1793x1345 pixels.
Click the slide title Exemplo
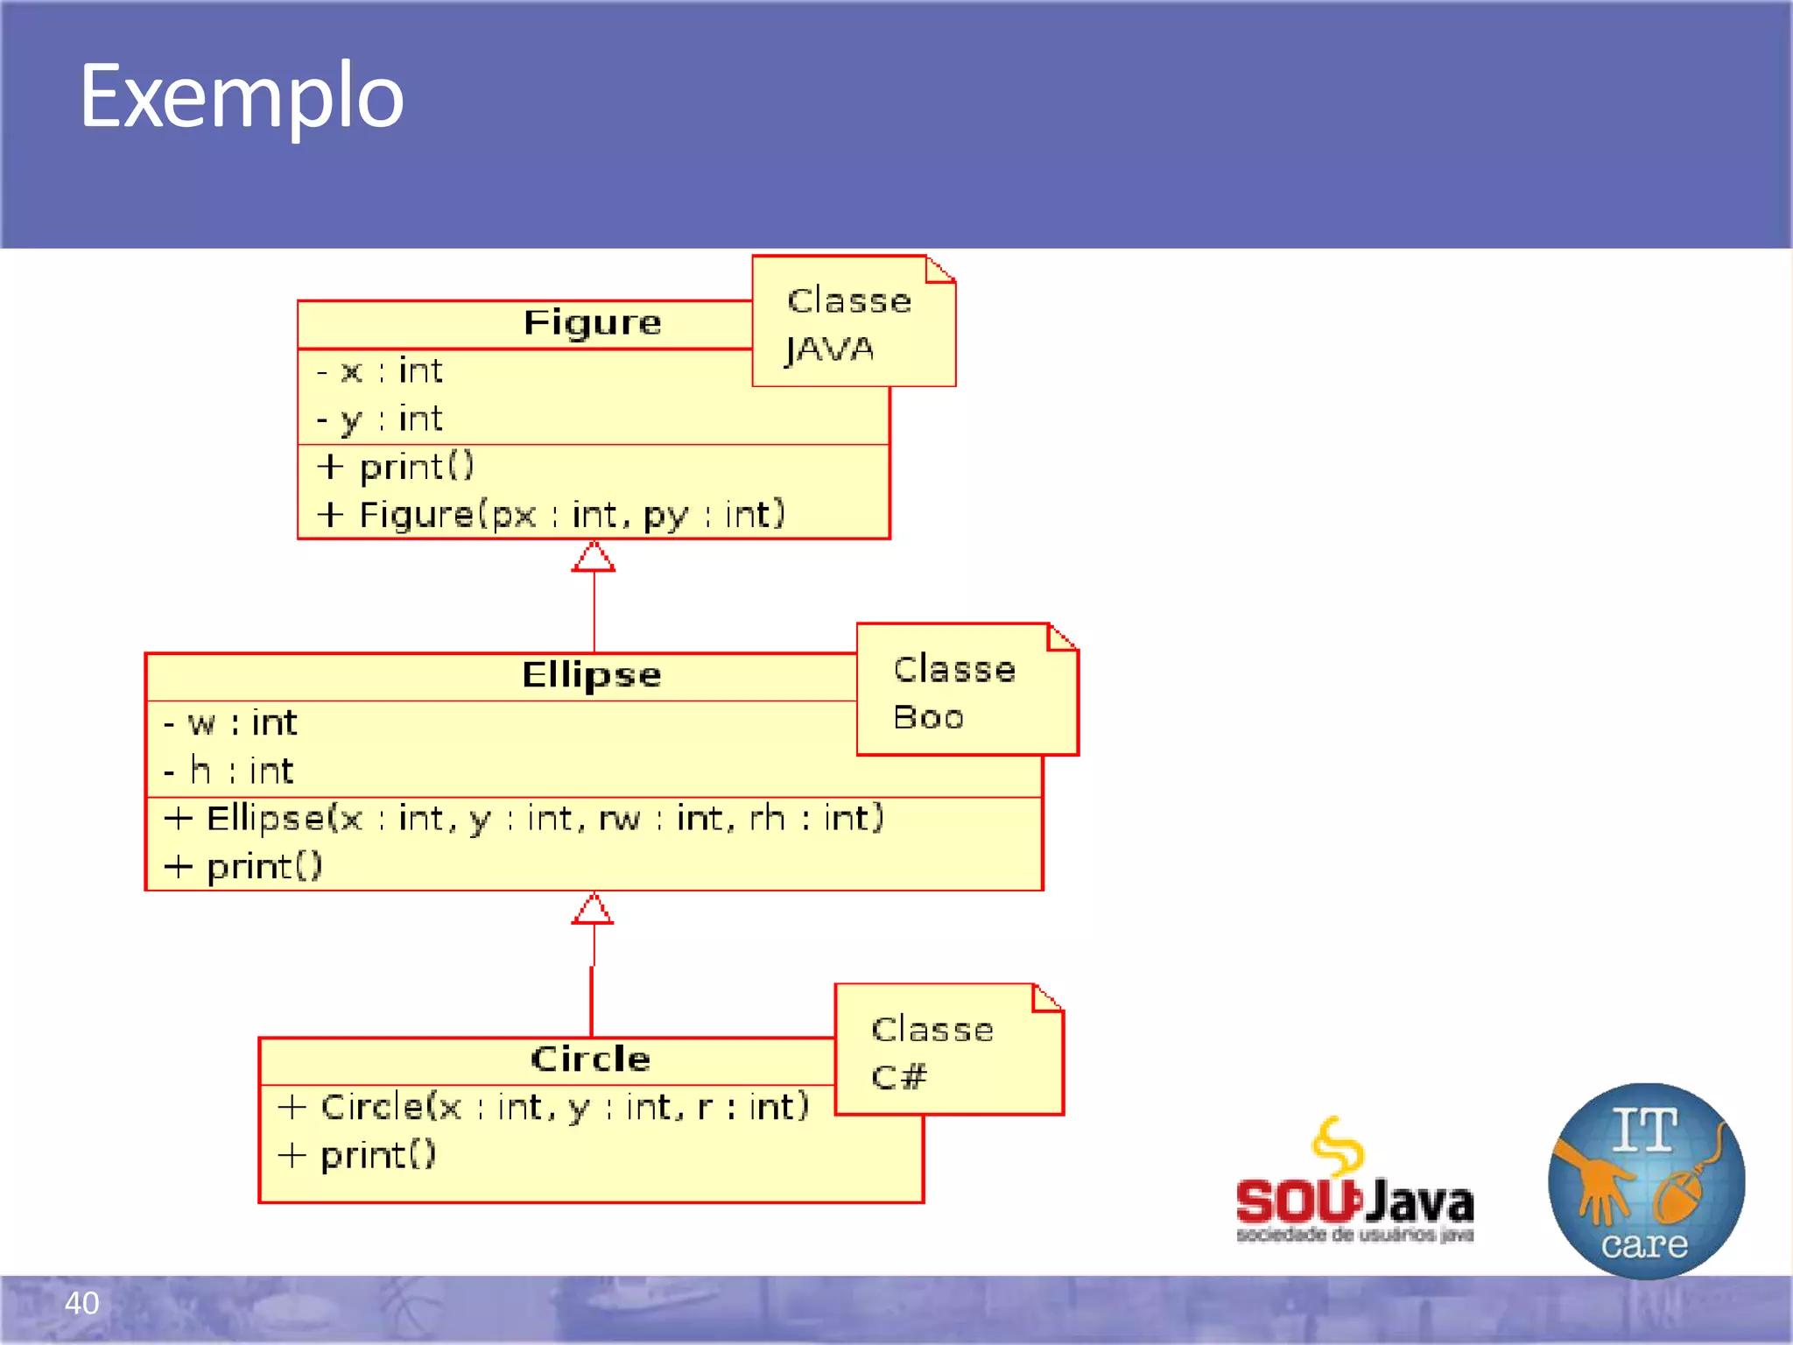pos(242,96)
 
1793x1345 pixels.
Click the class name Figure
pos(592,323)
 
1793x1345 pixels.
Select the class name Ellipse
pos(592,675)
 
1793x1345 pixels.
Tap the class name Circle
pos(591,1059)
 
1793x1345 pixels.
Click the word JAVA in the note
pos(829,349)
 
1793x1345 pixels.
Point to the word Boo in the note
pos(928,717)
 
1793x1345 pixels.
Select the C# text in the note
pos(898,1076)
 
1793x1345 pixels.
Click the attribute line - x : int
pos(380,371)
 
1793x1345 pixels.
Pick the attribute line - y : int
pos(380,419)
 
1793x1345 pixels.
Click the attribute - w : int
pos(230,723)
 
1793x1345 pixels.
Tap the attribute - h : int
pos(229,771)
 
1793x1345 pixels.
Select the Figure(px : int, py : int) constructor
pos(552,515)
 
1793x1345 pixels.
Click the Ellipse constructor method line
pos(524,819)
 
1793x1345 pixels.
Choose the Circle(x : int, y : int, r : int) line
pos(544,1108)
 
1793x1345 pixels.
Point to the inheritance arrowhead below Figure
pos(594,557)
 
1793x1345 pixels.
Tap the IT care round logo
pos(1645,1180)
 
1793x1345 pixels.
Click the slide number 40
pos(82,1303)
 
